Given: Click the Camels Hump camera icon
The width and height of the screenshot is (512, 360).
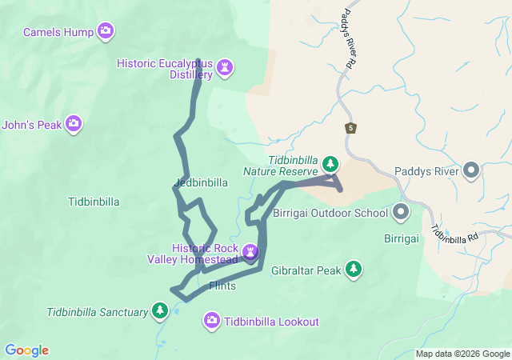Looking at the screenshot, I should [106, 32].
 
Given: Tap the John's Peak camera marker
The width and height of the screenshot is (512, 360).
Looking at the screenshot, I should [74, 123].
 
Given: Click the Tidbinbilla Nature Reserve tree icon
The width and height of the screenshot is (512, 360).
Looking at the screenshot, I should [330, 165].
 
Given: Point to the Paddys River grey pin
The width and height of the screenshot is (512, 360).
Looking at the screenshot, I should [472, 170].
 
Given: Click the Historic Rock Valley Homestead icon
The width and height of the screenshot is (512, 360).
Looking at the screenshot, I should [251, 254].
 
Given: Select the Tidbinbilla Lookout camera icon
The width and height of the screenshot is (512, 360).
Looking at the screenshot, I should [212, 322].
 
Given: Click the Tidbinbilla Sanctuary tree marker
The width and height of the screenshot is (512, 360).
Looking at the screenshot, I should [160, 310].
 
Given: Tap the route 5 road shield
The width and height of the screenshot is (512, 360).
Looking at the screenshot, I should [351, 127].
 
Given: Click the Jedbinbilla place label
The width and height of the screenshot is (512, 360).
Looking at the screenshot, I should [201, 182].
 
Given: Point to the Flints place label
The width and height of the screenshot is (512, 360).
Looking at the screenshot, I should [222, 286].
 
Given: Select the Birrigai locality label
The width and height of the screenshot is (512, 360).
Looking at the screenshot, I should [402, 239].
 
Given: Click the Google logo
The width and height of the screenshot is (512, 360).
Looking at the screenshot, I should [26, 350].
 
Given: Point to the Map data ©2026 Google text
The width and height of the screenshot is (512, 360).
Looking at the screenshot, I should [462, 354].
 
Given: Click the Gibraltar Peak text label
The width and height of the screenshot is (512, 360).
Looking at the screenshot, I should [306, 270].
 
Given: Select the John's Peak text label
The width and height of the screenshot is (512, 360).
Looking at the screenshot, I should [32, 124].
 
